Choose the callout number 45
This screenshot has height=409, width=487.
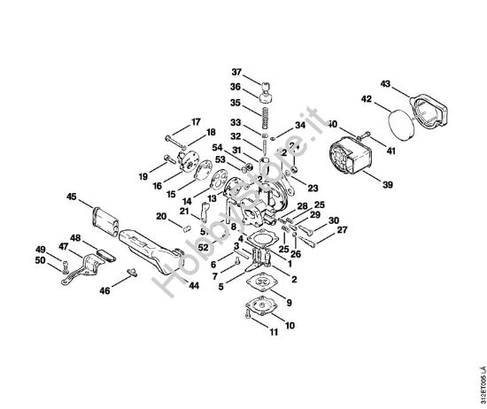[72, 196]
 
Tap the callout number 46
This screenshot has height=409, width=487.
[104, 289]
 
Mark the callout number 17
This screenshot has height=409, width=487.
[196, 120]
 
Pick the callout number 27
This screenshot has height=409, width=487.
[342, 230]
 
